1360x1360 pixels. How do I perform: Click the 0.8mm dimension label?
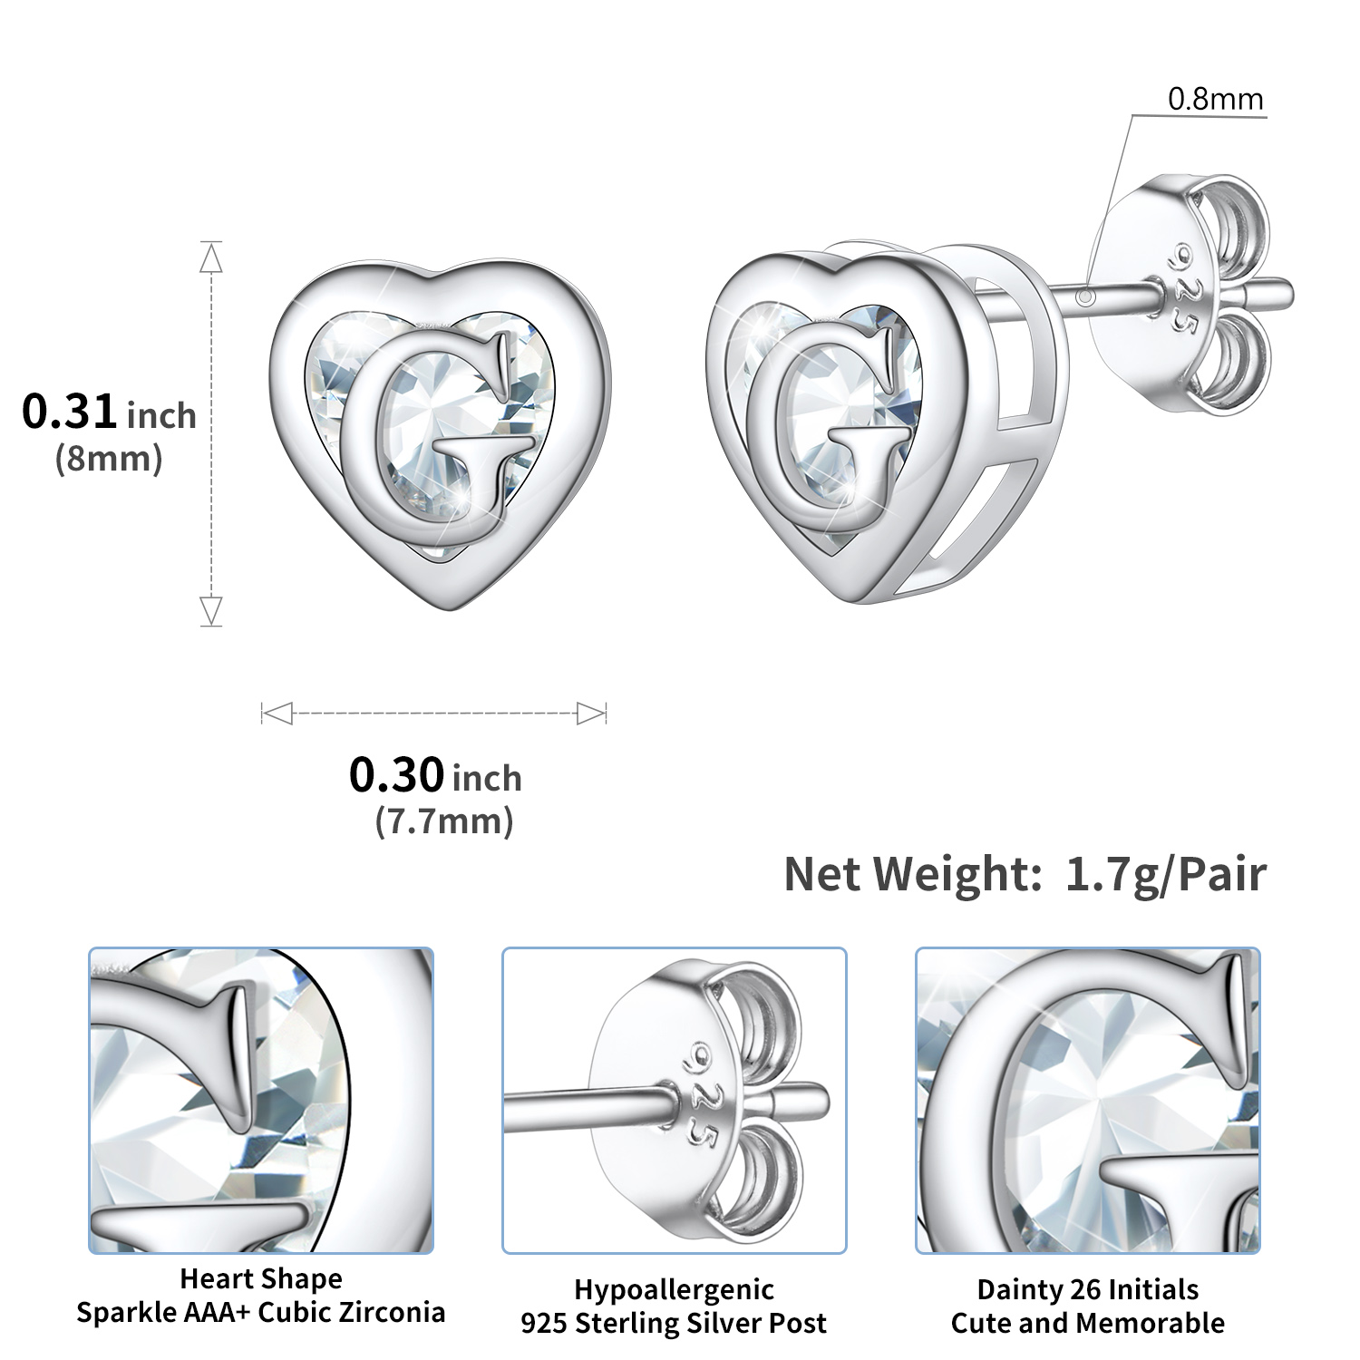pyautogui.click(x=1215, y=99)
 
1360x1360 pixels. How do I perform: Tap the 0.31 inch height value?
pyautogui.click(x=109, y=413)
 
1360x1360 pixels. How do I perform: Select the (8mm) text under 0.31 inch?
pyautogui.click(x=109, y=459)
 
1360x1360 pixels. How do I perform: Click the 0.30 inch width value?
pyautogui.click(x=435, y=776)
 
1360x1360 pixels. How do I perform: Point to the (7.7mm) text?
pyautogui.click(x=444, y=821)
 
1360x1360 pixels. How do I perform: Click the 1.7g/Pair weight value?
pyautogui.click(x=1165, y=874)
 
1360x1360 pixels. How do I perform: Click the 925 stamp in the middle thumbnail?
pyautogui.click(x=698, y=1097)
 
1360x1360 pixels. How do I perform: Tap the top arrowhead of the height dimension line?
pyautogui.click(x=211, y=258)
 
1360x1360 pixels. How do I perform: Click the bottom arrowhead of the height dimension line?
pyautogui.click(x=211, y=609)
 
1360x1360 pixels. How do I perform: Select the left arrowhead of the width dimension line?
pyautogui.click(x=276, y=714)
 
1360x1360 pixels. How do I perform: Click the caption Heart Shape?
pyautogui.click(x=261, y=1278)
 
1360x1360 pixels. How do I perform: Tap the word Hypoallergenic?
pyautogui.click(x=674, y=1289)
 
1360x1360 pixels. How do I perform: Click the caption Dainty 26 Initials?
pyautogui.click(x=1087, y=1289)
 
